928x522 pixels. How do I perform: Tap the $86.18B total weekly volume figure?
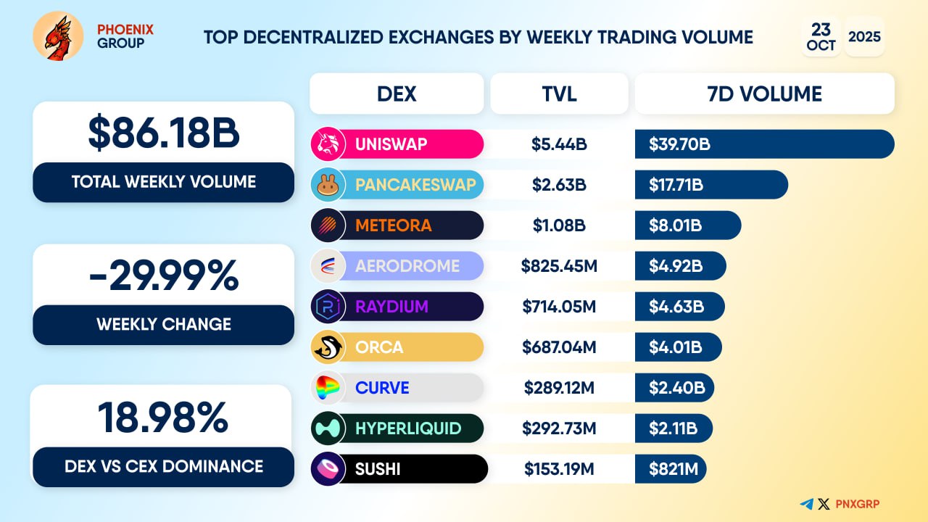coord(163,133)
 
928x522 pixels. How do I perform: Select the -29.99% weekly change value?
coord(163,275)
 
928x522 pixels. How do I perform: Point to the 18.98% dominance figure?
coord(163,418)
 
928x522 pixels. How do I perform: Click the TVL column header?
coord(559,94)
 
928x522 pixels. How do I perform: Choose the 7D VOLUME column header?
coord(764,94)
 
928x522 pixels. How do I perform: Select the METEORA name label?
coord(393,225)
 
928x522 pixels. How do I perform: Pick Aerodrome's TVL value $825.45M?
coord(559,266)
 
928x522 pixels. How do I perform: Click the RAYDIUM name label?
coord(391,307)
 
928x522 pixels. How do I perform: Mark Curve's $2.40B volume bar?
coord(674,388)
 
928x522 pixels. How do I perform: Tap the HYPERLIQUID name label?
coord(408,428)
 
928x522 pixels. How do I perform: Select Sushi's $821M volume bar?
coord(670,469)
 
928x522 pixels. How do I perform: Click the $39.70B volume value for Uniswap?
coord(679,144)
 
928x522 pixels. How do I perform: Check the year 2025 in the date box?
coord(864,36)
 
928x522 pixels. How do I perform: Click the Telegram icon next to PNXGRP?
coord(806,504)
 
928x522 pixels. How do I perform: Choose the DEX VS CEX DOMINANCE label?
coord(163,466)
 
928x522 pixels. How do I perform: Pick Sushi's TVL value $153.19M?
coord(559,469)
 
